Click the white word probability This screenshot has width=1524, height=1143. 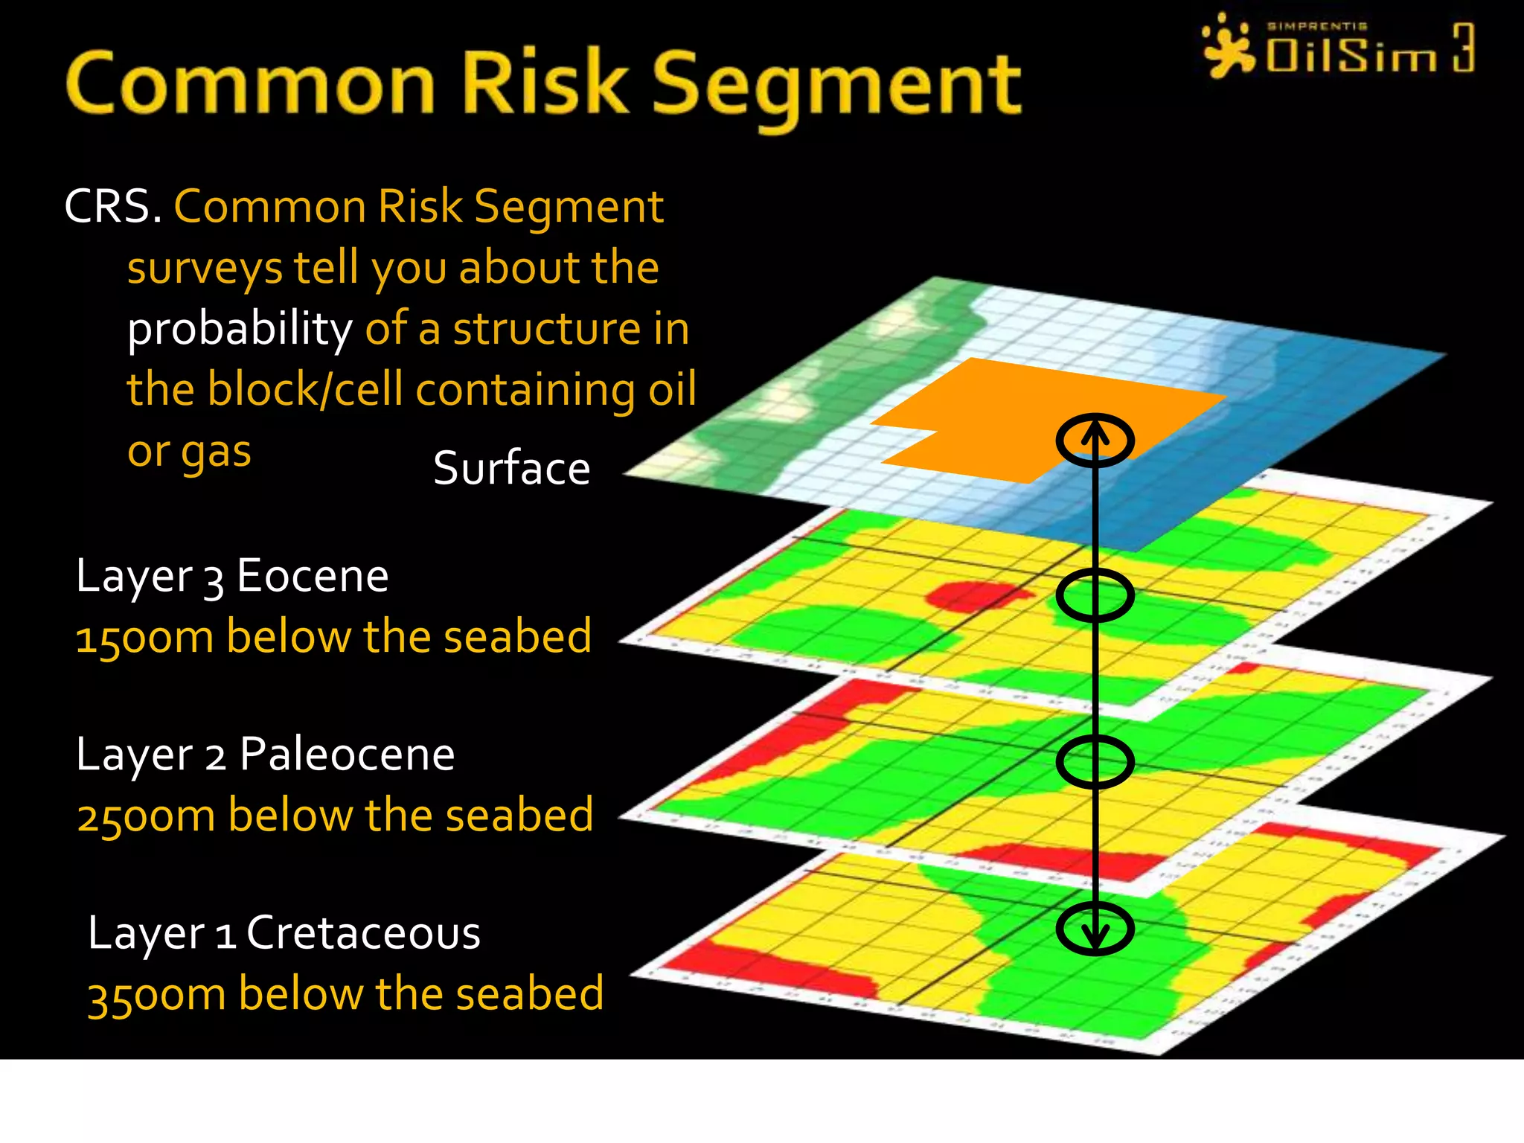tap(240, 329)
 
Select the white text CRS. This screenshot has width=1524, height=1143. tap(112, 206)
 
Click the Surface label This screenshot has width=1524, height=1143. tap(511, 469)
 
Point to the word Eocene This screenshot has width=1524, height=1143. tap(313, 576)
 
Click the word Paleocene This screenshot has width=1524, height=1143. tap(347, 755)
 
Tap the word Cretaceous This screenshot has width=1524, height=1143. tap(363, 932)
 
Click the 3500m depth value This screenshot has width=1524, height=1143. tap(156, 995)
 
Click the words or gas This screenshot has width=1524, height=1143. tap(189, 452)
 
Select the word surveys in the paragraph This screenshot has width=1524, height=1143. tap(205, 268)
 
